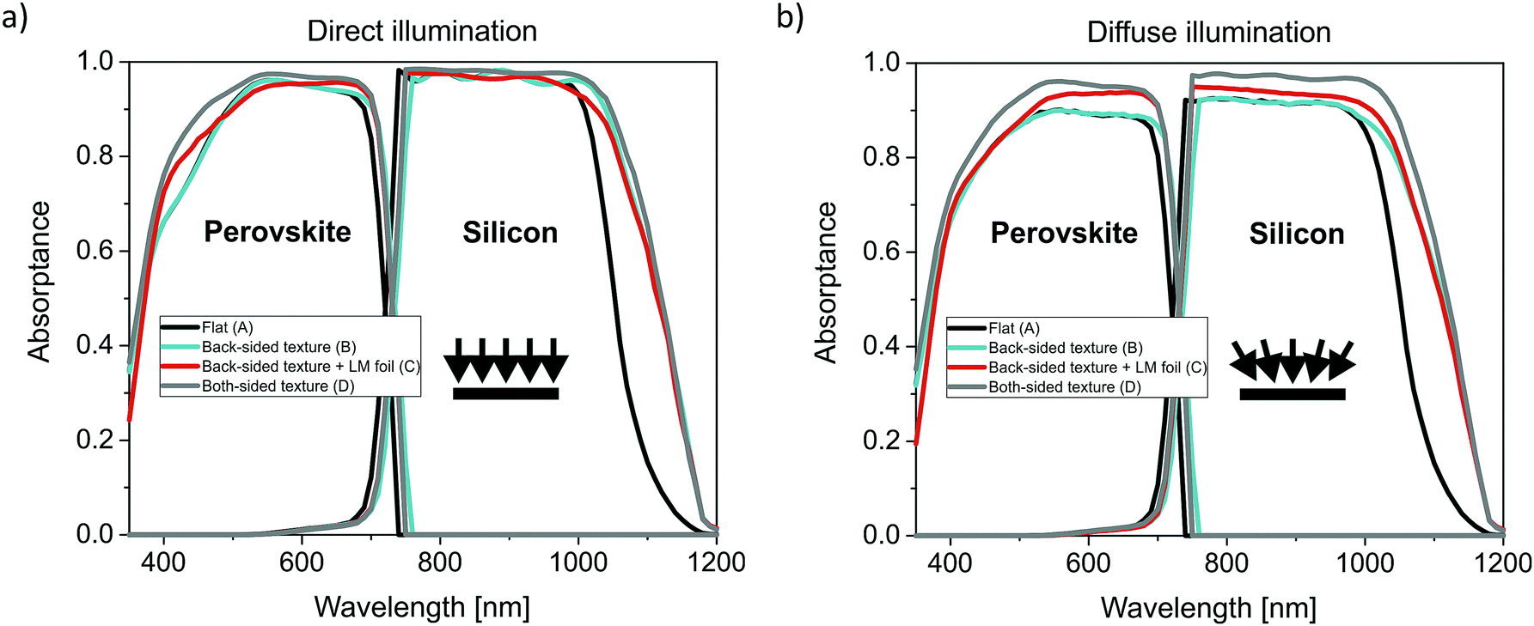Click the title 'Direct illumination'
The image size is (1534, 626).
tap(422, 31)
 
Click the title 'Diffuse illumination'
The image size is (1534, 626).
tap(1208, 33)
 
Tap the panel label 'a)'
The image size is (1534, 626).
tap(15, 17)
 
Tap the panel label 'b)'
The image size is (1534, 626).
tap(790, 16)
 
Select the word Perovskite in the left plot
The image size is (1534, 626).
tap(277, 232)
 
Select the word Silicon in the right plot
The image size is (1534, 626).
tap(1296, 234)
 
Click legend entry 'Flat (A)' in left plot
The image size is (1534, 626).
tap(227, 327)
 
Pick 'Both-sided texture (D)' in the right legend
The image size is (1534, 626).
tap(1064, 387)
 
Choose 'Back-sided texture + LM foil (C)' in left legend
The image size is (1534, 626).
tap(310, 367)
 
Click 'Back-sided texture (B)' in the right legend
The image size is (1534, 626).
tap(1065, 348)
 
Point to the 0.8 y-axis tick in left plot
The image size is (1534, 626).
tap(95, 155)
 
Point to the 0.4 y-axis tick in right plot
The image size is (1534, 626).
tap(881, 345)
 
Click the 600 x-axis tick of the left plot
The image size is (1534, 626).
tap(302, 562)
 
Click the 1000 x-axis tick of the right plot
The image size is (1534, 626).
tap(1366, 563)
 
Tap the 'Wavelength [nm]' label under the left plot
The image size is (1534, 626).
tap(422, 606)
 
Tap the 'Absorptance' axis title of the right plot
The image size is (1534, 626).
tap(826, 283)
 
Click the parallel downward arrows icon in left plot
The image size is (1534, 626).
tap(506, 368)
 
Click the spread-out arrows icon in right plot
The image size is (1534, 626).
tap(1292, 370)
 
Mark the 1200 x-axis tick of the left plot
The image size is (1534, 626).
tap(717, 562)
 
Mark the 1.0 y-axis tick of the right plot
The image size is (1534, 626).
tap(881, 62)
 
